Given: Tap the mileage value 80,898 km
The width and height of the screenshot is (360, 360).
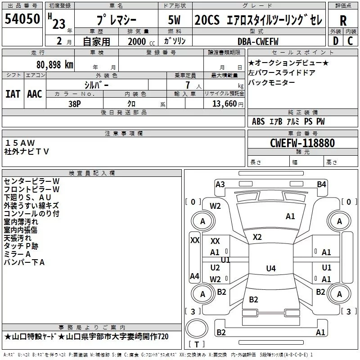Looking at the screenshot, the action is (x=52, y=64).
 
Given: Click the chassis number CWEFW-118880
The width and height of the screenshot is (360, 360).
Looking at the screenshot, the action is (x=302, y=143).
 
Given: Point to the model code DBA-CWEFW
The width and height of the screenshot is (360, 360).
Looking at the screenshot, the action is (x=258, y=41).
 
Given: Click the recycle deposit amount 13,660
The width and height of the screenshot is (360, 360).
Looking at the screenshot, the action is (x=223, y=103).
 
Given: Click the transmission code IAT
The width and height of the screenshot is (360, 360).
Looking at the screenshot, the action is (x=13, y=94).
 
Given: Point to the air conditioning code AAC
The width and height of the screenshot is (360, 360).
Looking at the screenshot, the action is (x=35, y=94).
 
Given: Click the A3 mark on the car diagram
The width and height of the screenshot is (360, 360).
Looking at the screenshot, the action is (x=220, y=184).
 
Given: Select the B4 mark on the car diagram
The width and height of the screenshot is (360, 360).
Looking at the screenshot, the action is (x=321, y=184).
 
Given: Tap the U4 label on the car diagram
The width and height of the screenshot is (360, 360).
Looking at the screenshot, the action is (x=270, y=269).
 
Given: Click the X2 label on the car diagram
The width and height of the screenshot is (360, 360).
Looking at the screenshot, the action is (x=257, y=237).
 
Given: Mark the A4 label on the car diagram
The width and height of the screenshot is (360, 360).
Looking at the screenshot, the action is (x=194, y=276).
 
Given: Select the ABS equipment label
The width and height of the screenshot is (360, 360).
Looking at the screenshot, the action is (x=258, y=121).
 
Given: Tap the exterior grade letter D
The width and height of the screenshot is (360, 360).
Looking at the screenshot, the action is (x=335, y=41).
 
